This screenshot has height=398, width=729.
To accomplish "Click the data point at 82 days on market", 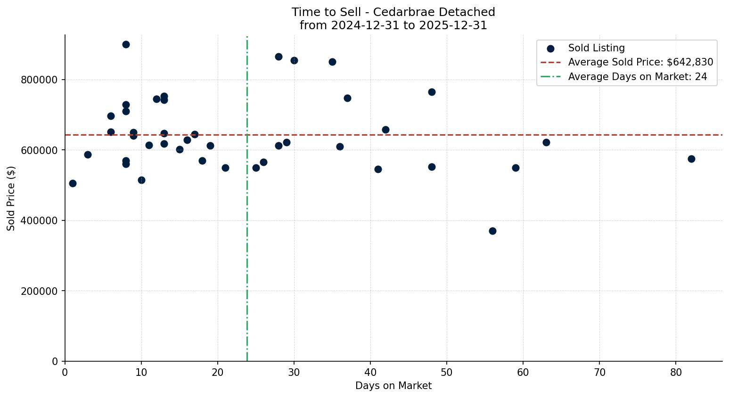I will coord(691,159).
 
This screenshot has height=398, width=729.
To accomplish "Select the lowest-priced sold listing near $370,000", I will coord(492,231).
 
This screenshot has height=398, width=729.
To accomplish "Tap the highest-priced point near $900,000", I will coord(126,44).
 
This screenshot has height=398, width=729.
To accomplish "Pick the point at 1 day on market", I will coord(73,183).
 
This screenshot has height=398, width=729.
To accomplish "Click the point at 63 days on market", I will coord(546,142).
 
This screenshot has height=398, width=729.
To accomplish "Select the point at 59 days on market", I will coord(516,168).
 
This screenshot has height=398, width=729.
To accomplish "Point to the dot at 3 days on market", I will coord(88,154).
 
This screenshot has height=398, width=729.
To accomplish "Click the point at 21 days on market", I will coord(225,168).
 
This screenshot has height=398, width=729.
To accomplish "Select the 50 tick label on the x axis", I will coord(447,373).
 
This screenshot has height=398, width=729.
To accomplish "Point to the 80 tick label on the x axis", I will coord(676,373).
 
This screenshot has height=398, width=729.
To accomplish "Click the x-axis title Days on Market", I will coord(393,386).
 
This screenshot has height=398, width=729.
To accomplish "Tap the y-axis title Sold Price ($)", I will coord(11,198).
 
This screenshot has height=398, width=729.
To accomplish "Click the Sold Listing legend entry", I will coord(596,48).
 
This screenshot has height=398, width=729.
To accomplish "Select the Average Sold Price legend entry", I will coord(640,62).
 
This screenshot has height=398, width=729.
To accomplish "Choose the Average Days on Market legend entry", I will coord(637,77).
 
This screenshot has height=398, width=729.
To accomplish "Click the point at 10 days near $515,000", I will coord(141,180).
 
